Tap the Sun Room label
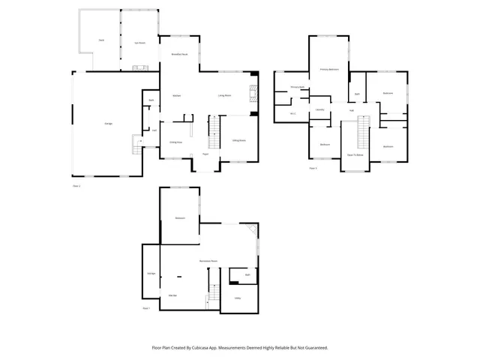click(x=139, y=43)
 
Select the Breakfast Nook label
click(x=179, y=55)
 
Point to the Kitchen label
click(x=177, y=95)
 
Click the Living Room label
click(x=223, y=95)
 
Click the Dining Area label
click(x=175, y=142)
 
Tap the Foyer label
click(x=205, y=154)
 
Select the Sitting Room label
click(x=239, y=140)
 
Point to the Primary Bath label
click(x=297, y=88)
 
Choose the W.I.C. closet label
click(x=293, y=114)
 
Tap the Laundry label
click(x=320, y=109)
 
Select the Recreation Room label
click(x=208, y=260)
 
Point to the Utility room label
click(x=237, y=298)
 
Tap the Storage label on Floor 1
click(x=151, y=273)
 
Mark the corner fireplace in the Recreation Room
click(x=253, y=229)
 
